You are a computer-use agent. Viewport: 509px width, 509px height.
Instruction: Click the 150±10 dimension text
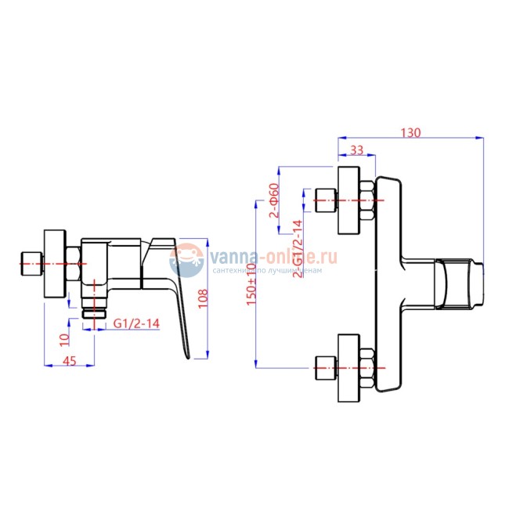251,284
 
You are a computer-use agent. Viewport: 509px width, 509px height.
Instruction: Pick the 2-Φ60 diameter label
273,200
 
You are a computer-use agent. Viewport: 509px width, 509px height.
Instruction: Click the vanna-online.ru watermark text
274,256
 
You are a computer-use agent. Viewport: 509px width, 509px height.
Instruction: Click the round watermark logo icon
186,261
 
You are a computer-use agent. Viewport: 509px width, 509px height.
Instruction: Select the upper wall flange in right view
348,200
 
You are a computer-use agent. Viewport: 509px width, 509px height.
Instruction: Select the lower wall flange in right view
348,367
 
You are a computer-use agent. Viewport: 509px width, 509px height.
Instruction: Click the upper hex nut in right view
367,200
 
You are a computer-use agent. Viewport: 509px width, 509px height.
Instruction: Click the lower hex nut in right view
367,367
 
